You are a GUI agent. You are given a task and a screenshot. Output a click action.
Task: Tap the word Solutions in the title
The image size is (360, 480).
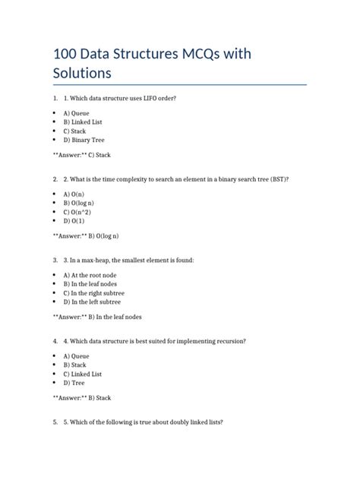82,73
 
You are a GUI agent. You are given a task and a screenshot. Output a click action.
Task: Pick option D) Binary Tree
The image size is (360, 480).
84,140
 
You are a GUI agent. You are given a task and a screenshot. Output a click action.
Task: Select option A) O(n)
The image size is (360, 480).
74,194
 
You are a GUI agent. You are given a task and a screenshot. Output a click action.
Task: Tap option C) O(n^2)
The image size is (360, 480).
78,212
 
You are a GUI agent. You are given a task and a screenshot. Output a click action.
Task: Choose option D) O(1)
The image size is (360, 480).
74,221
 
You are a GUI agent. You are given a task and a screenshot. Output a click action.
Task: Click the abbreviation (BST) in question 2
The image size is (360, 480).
277,179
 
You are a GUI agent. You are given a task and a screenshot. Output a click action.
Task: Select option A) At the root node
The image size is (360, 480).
93,274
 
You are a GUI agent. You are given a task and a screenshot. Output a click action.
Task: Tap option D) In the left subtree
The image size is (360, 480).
92,302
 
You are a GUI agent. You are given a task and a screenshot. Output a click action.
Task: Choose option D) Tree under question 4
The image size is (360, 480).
74,383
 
